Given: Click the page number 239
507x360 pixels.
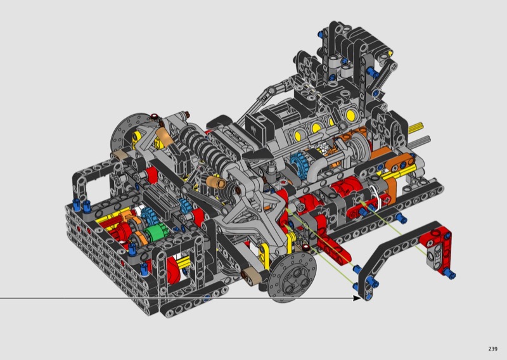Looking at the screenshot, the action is tap(493, 349).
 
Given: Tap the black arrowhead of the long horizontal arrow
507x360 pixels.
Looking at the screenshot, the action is tap(357, 298).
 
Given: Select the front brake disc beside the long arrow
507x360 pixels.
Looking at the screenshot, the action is tap(292, 277).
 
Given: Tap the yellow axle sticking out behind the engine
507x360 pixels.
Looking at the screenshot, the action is tap(416, 128).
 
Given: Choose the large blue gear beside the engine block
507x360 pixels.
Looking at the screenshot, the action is tap(298, 165).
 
